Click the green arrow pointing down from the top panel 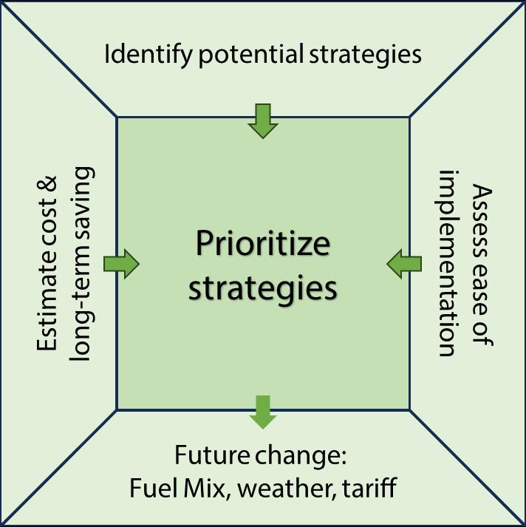coord(262,120)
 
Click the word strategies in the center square coord(262,288)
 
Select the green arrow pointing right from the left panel coord(121,263)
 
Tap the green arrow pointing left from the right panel coord(404,263)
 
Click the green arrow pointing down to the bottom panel coord(262,412)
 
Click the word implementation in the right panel coord(447,263)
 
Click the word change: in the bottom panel coord(303,456)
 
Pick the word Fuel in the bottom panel coord(150,489)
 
